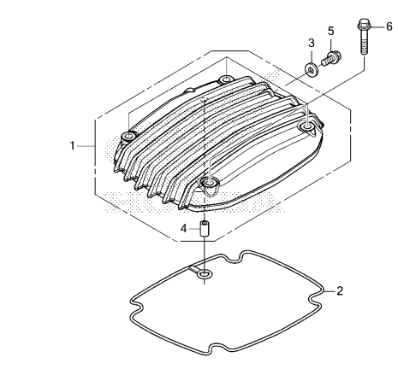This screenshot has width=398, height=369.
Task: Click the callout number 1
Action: (73, 145)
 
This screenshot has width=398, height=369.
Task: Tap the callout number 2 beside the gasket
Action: (340, 291)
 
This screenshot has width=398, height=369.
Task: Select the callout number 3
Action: (312, 43)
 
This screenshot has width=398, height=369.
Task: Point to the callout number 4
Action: (184, 228)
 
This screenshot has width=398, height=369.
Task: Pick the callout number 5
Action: (330, 31)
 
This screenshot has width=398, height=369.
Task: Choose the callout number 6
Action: (389, 26)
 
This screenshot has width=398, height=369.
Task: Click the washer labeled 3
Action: (311, 69)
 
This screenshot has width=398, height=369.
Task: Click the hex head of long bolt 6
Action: (364, 25)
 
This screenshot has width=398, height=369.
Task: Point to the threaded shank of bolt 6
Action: (364, 42)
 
